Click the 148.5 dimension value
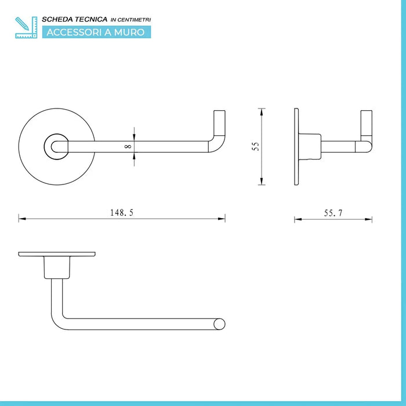click(x=122, y=212)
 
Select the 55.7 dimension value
click(x=333, y=213)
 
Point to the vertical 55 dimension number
click(x=255, y=146)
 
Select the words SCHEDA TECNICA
click(x=74, y=19)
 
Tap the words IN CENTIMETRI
click(x=130, y=20)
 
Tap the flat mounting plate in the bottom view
click(x=56, y=255)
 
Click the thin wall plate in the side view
click(x=296, y=146)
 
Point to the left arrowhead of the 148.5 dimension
click(x=21, y=219)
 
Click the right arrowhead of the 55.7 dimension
click(x=370, y=219)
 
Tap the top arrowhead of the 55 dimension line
click(x=262, y=111)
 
